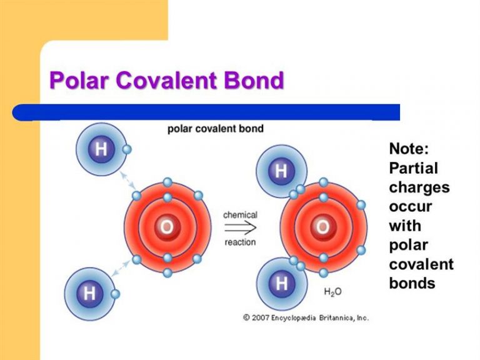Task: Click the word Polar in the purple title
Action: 79,80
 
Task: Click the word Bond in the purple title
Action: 254,80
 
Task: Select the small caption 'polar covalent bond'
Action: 216,129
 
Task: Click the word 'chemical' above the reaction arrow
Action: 240,215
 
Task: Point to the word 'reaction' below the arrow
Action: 240,242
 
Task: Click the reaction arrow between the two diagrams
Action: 240,227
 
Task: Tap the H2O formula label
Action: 332,292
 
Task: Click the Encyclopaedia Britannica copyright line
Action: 306,317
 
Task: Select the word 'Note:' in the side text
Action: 409,149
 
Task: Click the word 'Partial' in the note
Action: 414,168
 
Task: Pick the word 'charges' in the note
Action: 419,187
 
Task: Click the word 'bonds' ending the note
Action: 412,283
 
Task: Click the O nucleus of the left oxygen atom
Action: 167,227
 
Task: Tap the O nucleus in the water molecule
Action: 323,227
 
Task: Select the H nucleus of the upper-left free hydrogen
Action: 101,149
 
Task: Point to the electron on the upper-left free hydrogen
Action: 126,149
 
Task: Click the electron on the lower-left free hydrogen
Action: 115,294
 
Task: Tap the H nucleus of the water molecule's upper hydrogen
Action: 281,171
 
